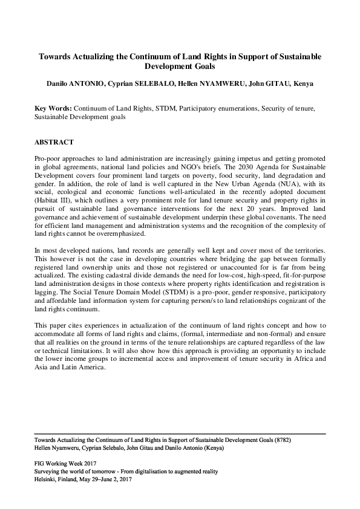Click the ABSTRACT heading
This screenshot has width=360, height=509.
[x=54, y=143]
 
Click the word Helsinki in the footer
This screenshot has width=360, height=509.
[x=48, y=478]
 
